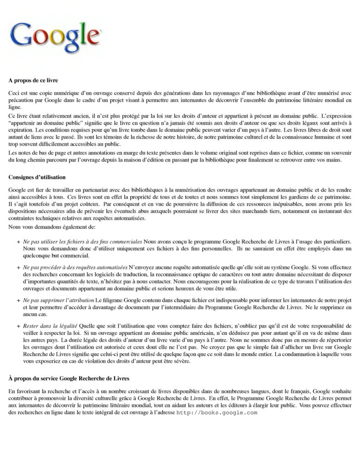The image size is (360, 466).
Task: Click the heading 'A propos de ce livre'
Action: coord(33,81)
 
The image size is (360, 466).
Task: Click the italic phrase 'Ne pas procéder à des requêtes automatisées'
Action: coord(76,266)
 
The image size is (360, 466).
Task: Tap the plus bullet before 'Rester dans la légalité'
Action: coord(18,326)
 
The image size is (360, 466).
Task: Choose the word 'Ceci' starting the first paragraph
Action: coord(14,93)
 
